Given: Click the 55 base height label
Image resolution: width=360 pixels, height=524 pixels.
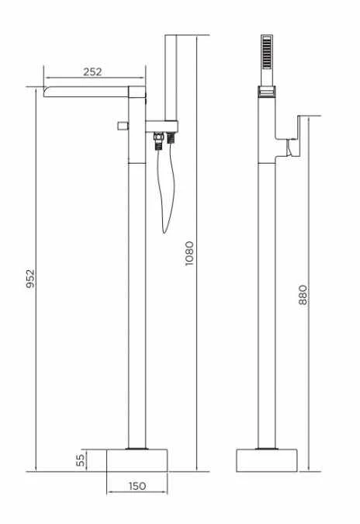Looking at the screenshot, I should click(x=79, y=460).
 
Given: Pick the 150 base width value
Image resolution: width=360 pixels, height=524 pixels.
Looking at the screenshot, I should click(x=137, y=487).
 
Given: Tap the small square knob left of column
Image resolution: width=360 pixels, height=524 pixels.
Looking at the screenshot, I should click(x=122, y=125).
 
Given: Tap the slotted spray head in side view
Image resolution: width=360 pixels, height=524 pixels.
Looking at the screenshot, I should click(x=268, y=54).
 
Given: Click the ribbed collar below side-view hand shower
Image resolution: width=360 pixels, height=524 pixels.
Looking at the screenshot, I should click(x=268, y=93).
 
